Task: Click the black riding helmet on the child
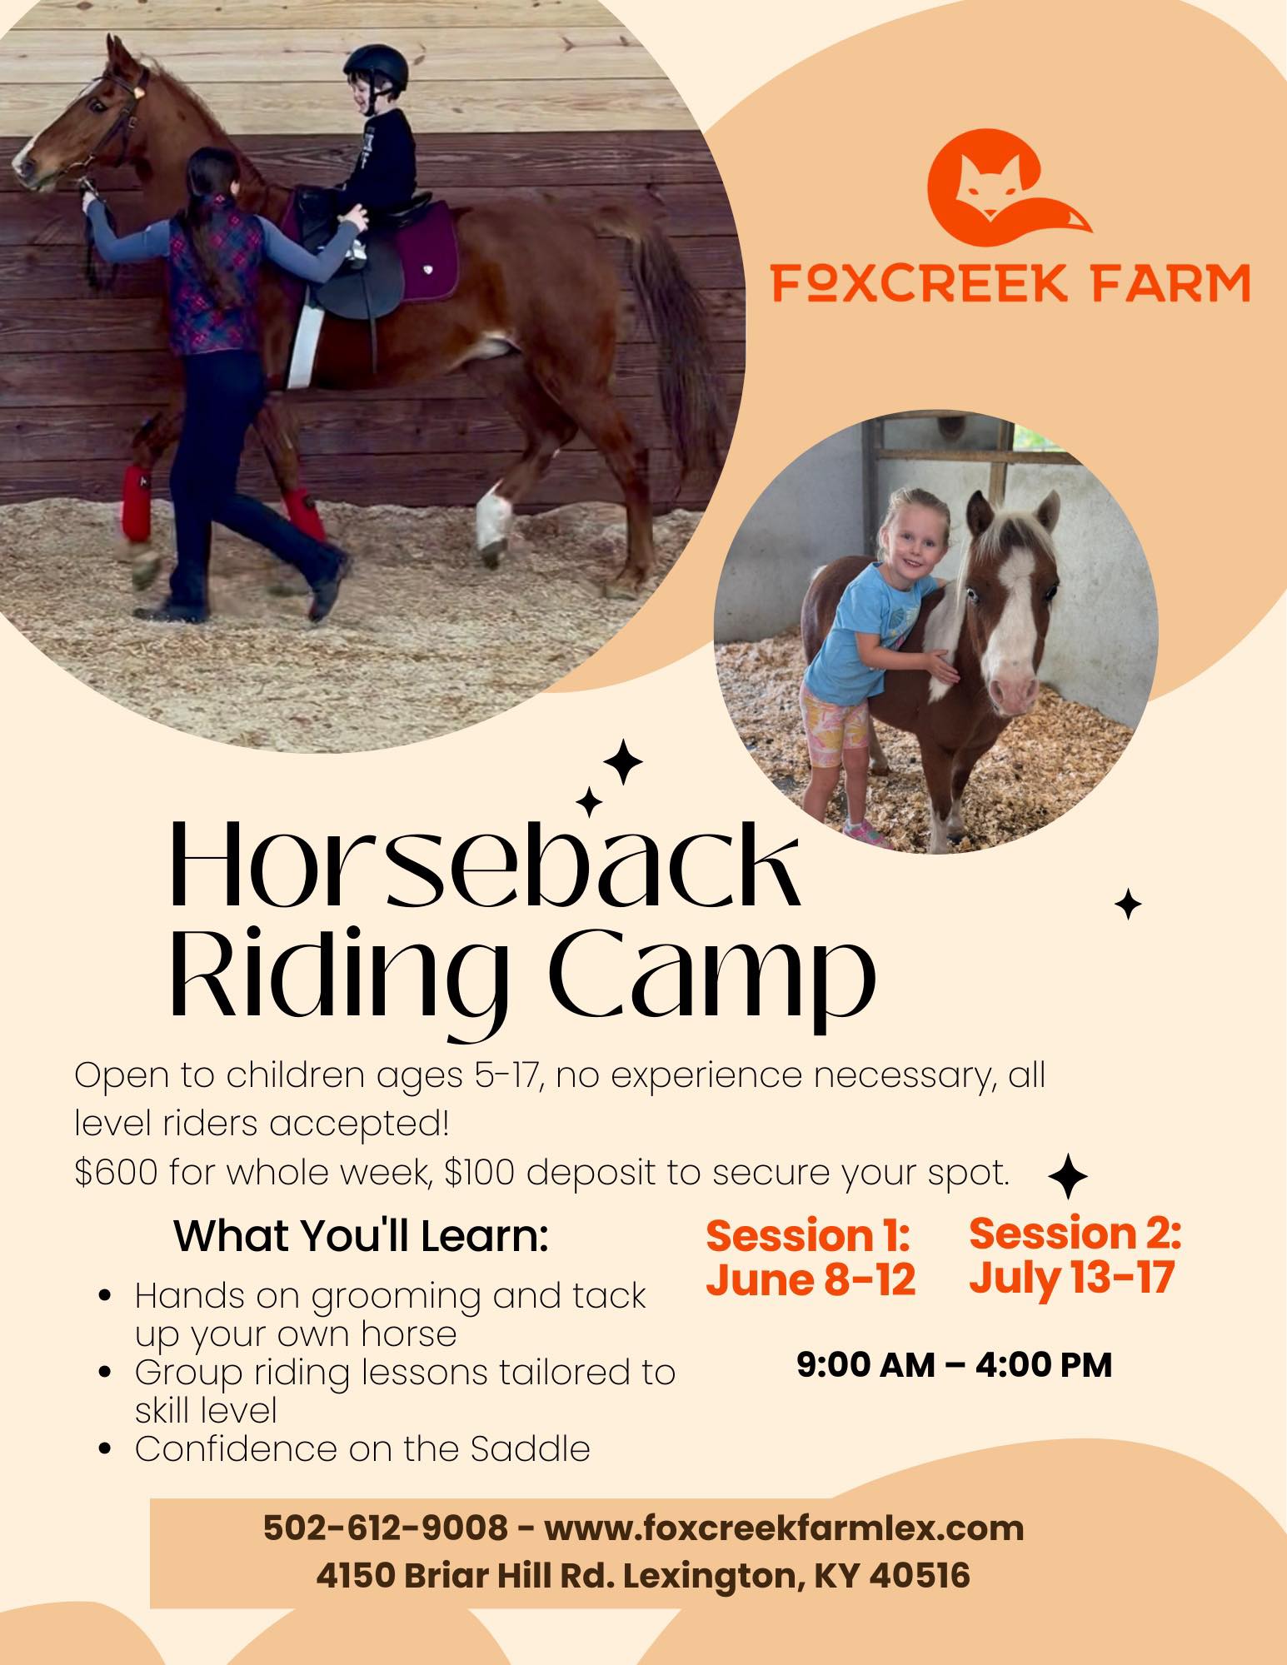[x=377, y=68]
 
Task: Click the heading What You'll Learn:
[x=361, y=1237]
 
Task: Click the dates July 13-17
[x=1072, y=1278]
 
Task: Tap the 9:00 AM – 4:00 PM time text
[x=955, y=1365]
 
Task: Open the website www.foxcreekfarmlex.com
[x=784, y=1528]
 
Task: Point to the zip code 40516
[x=919, y=1576]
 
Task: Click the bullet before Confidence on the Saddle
[x=105, y=1450]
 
